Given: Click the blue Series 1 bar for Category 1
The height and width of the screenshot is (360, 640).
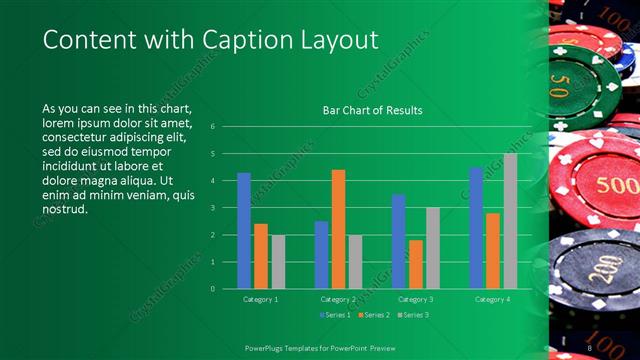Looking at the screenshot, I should click(x=244, y=231).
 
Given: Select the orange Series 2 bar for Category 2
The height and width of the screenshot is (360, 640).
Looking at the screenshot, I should click(x=338, y=229).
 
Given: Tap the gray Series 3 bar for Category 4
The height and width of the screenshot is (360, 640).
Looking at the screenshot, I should click(x=510, y=221).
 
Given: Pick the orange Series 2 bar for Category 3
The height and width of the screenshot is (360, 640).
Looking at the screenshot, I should click(x=415, y=264).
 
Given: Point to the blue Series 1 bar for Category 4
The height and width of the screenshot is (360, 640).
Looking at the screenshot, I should click(x=476, y=228).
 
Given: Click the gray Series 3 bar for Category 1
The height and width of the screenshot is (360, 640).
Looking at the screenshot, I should click(x=278, y=262).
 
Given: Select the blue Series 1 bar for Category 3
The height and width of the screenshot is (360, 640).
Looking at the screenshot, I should click(x=398, y=241).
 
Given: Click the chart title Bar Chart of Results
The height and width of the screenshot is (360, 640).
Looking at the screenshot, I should click(x=371, y=110).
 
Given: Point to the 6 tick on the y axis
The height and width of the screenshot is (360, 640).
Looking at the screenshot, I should click(x=211, y=127).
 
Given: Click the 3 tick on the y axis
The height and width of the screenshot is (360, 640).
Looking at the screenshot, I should click(x=211, y=208).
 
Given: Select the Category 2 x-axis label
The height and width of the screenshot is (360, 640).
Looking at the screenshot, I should click(x=338, y=299).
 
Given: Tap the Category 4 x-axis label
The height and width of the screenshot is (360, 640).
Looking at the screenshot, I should click(x=493, y=299).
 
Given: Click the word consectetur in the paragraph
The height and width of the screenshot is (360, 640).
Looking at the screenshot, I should click(x=81, y=141).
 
